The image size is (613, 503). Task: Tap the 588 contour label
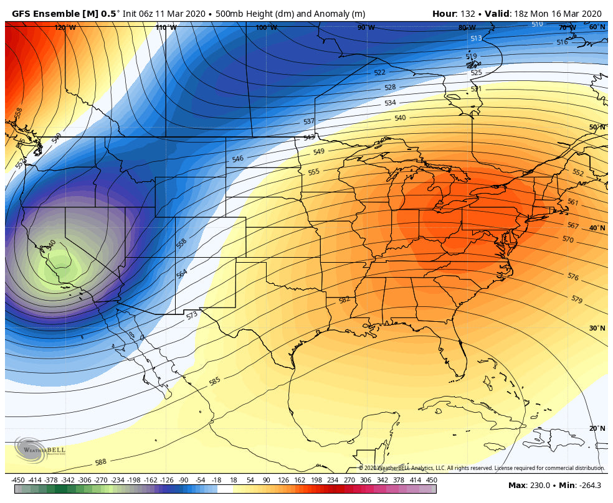click(x=100, y=463)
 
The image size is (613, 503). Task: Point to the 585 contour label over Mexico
click(x=215, y=381)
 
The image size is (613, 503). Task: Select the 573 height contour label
click(x=192, y=316)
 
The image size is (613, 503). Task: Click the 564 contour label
click(x=182, y=274)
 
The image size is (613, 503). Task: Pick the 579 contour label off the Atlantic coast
click(x=576, y=299)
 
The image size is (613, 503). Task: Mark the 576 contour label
click(x=573, y=276)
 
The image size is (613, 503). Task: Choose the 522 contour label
click(x=380, y=73)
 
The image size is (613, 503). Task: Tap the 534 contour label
click(x=390, y=103)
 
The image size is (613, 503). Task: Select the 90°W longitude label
click(x=366, y=27)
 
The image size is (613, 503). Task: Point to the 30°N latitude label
click(x=597, y=328)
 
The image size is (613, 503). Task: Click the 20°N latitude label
click(x=597, y=428)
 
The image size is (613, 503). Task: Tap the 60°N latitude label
click(x=597, y=27)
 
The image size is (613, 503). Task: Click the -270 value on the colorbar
click(x=100, y=480)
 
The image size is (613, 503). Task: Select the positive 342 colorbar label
click(x=366, y=480)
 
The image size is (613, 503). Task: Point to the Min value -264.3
click(x=588, y=485)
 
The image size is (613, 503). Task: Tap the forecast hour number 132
click(x=467, y=14)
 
